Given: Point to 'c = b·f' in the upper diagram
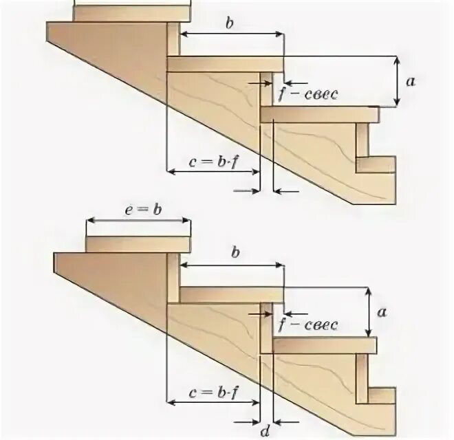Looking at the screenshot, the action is (213, 162).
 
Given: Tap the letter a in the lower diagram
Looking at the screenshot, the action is (382, 311).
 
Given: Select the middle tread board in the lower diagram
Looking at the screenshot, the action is (231, 294).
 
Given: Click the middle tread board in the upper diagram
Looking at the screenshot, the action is (226, 63).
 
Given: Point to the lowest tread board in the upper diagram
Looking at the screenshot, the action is (320, 114).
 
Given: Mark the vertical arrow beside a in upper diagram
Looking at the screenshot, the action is (397, 82).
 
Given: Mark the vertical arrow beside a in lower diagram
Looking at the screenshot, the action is (371, 311).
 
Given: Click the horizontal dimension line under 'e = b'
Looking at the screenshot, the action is (138, 221).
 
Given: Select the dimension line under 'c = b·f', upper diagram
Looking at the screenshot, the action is (214, 171).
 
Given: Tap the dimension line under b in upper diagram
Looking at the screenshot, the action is (231, 34).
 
